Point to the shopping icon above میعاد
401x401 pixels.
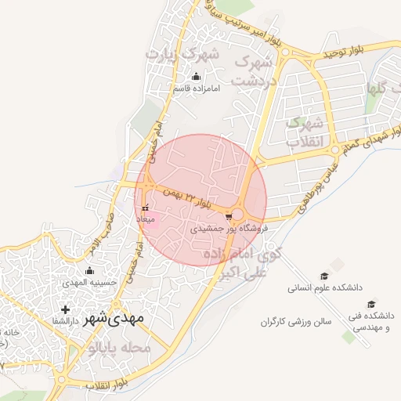146,208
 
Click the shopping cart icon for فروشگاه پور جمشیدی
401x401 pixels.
228,215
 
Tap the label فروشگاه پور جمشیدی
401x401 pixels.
230,229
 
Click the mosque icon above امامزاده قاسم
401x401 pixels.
196,77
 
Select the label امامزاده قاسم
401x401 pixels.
197,88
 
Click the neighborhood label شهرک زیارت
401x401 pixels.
181,55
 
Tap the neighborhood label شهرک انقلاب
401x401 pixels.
304,132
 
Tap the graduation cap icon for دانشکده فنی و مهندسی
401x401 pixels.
372,304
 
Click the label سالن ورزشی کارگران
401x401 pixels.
297,321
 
